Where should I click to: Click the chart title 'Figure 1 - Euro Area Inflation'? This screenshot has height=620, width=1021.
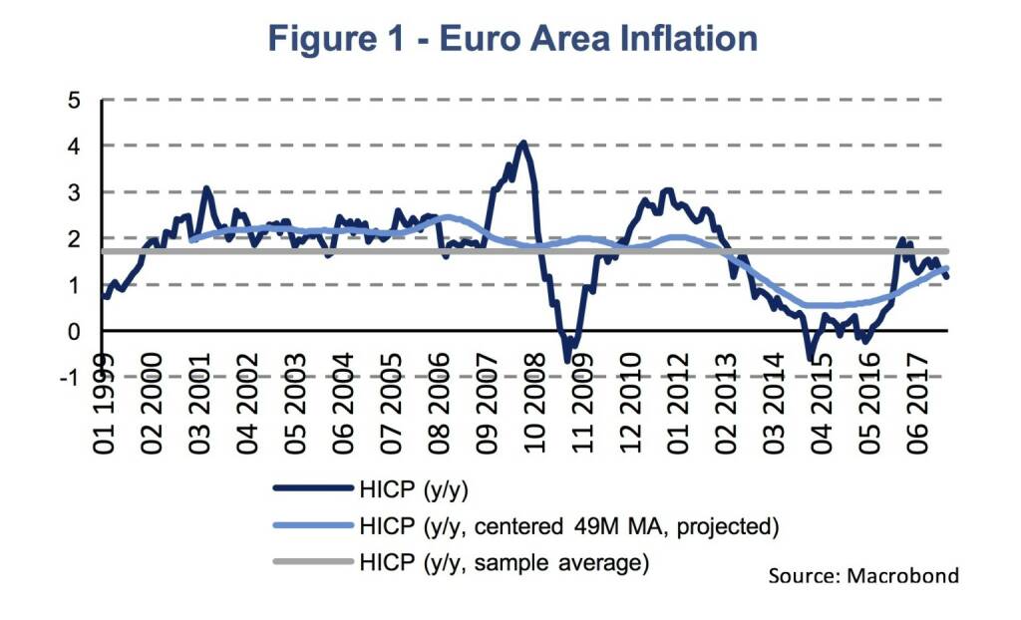512,38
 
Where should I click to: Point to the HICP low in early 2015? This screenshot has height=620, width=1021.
811,358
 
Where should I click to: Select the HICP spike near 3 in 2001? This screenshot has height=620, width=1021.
206,188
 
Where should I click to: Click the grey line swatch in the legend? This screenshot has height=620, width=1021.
311,562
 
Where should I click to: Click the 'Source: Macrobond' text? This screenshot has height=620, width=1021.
863,575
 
